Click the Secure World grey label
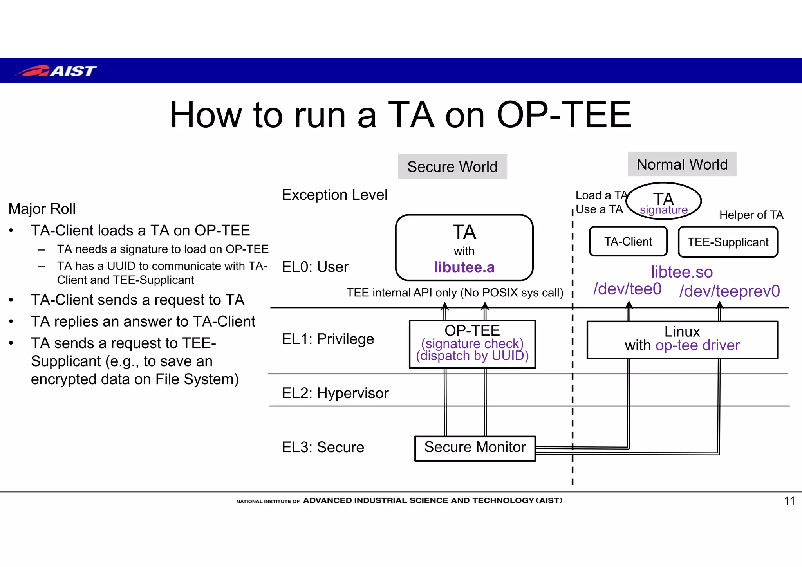pyautogui.click(x=452, y=166)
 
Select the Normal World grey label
pyautogui.click(x=682, y=164)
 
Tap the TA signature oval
pyautogui.click(x=663, y=201)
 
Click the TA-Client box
pyautogui.click(x=628, y=241)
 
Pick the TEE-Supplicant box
pyautogui.click(x=728, y=242)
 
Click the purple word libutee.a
pyautogui.click(x=464, y=267)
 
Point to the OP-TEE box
pyautogui.click(x=472, y=344)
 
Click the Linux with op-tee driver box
pyautogui.click(x=682, y=339)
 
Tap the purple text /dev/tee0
pyautogui.click(x=627, y=289)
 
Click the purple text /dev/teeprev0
pyautogui.click(x=730, y=291)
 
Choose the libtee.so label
pyautogui.click(x=681, y=272)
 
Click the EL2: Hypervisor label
pyautogui.click(x=335, y=393)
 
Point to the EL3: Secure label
pyautogui.click(x=323, y=447)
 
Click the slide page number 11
pyautogui.click(x=789, y=501)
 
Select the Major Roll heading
pyautogui.click(x=42, y=209)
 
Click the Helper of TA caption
pyautogui.click(x=751, y=215)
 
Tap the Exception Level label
pyautogui.click(x=334, y=195)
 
